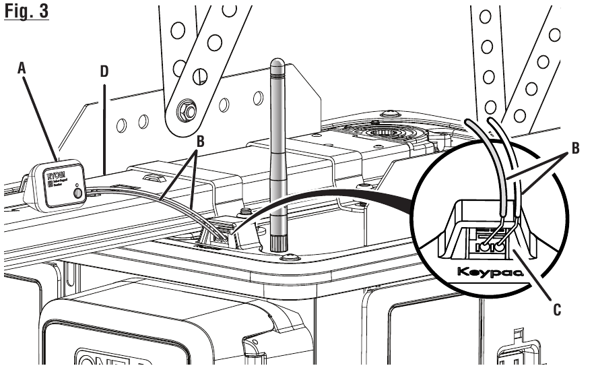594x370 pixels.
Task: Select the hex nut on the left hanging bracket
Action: click(185, 109)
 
